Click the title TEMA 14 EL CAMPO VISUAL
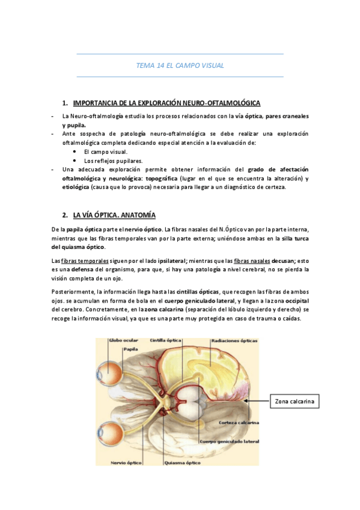[x=180, y=65]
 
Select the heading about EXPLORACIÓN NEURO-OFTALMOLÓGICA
[x=166, y=103]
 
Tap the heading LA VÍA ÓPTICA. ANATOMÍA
[x=114, y=215]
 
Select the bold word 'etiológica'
[x=76, y=187]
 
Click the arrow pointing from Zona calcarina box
[x=257, y=401]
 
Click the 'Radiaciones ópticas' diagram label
[x=234, y=341]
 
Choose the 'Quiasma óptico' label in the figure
[x=183, y=462]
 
